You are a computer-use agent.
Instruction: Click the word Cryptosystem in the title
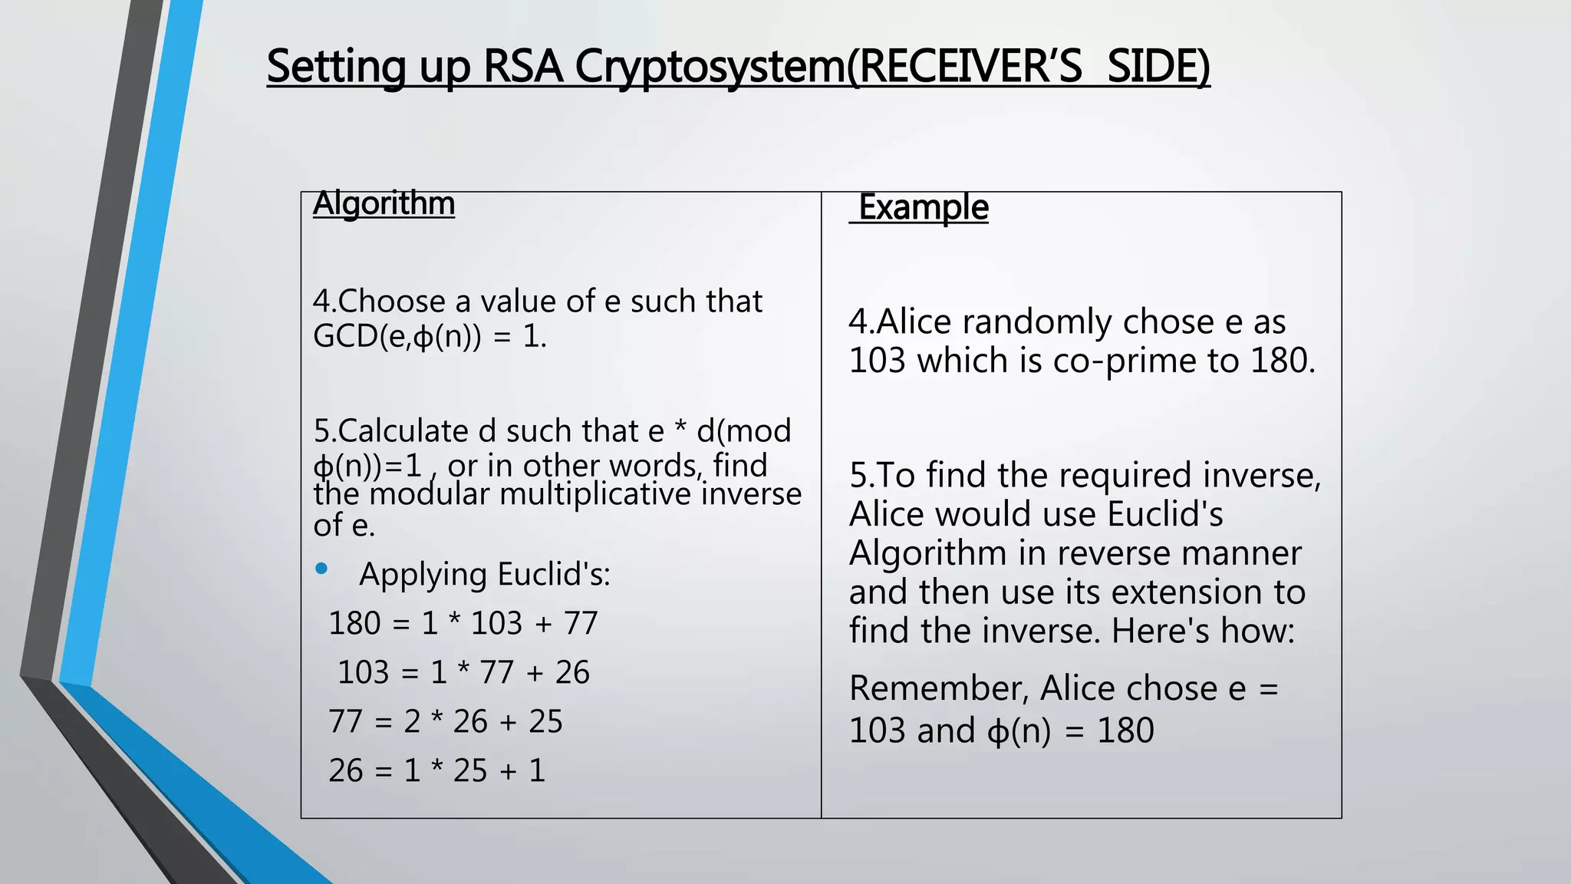tap(710, 67)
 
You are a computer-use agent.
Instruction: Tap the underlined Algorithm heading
tap(384, 204)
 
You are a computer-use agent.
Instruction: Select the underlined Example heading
tap(923, 207)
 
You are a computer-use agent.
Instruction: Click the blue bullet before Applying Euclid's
tap(321, 569)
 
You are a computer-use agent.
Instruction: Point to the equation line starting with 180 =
tap(463, 623)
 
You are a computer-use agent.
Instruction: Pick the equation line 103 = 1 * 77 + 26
tap(463, 672)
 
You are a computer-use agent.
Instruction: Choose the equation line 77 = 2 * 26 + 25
tap(446, 721)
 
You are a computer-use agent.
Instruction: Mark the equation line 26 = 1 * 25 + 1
tap(436, 770)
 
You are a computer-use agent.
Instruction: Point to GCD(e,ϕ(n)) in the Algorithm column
tap(397, 336)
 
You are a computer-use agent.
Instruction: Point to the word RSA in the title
tap(523, 67)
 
